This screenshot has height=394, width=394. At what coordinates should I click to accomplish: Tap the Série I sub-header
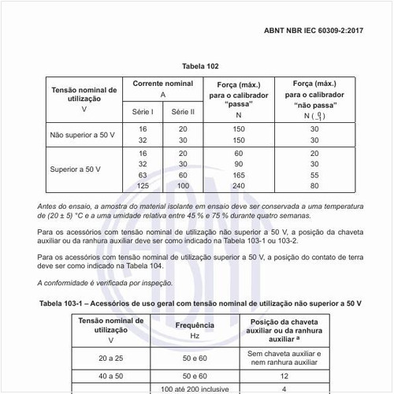point(143,112)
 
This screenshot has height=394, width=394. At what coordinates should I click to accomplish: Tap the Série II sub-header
point(183,112)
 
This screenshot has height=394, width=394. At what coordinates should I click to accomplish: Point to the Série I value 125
point(142,185)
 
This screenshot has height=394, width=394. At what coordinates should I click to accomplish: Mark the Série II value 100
point(183,185)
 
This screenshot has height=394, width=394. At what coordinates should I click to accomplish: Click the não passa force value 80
point(314,185)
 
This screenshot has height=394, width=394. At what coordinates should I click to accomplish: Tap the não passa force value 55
point(314,174)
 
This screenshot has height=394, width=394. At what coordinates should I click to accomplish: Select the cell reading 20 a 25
point(111,358)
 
